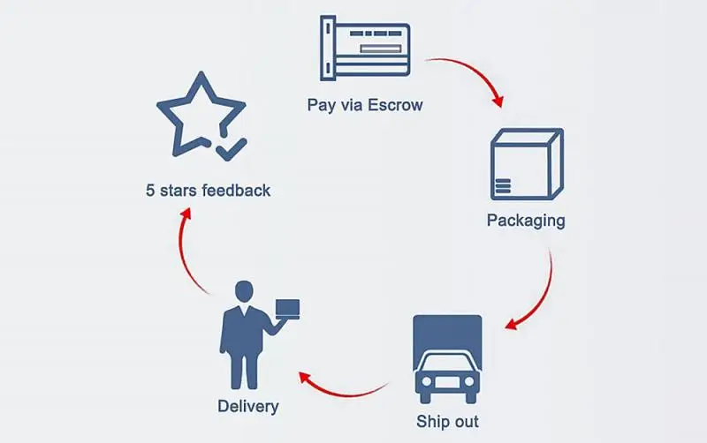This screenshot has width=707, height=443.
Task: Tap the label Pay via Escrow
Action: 365,106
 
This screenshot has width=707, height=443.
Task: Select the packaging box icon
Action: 525,163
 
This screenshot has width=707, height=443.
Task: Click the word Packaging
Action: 525,220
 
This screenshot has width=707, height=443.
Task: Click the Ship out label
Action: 447,422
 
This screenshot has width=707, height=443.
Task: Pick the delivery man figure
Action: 246,334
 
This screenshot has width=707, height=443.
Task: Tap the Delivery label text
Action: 248,407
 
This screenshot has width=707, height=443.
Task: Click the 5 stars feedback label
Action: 209,190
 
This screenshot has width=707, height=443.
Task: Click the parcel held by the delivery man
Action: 287,308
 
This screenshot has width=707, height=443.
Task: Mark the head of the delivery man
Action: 243,290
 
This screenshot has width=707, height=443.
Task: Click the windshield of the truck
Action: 447,364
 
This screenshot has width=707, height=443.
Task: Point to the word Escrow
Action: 395,106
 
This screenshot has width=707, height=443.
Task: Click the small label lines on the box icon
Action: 504,185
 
